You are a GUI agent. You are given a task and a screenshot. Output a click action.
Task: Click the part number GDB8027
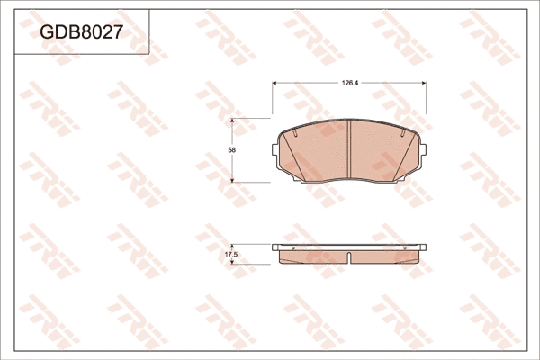tap(81, 32)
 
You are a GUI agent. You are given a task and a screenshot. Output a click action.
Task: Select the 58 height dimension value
tap(231, 150)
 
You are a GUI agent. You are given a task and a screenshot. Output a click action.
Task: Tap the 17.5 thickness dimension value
tap(230, 256)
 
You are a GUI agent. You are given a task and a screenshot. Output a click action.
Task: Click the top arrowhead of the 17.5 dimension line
tap(236, 246)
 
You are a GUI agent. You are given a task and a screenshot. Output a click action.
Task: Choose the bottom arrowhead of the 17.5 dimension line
tap(236, 264)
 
